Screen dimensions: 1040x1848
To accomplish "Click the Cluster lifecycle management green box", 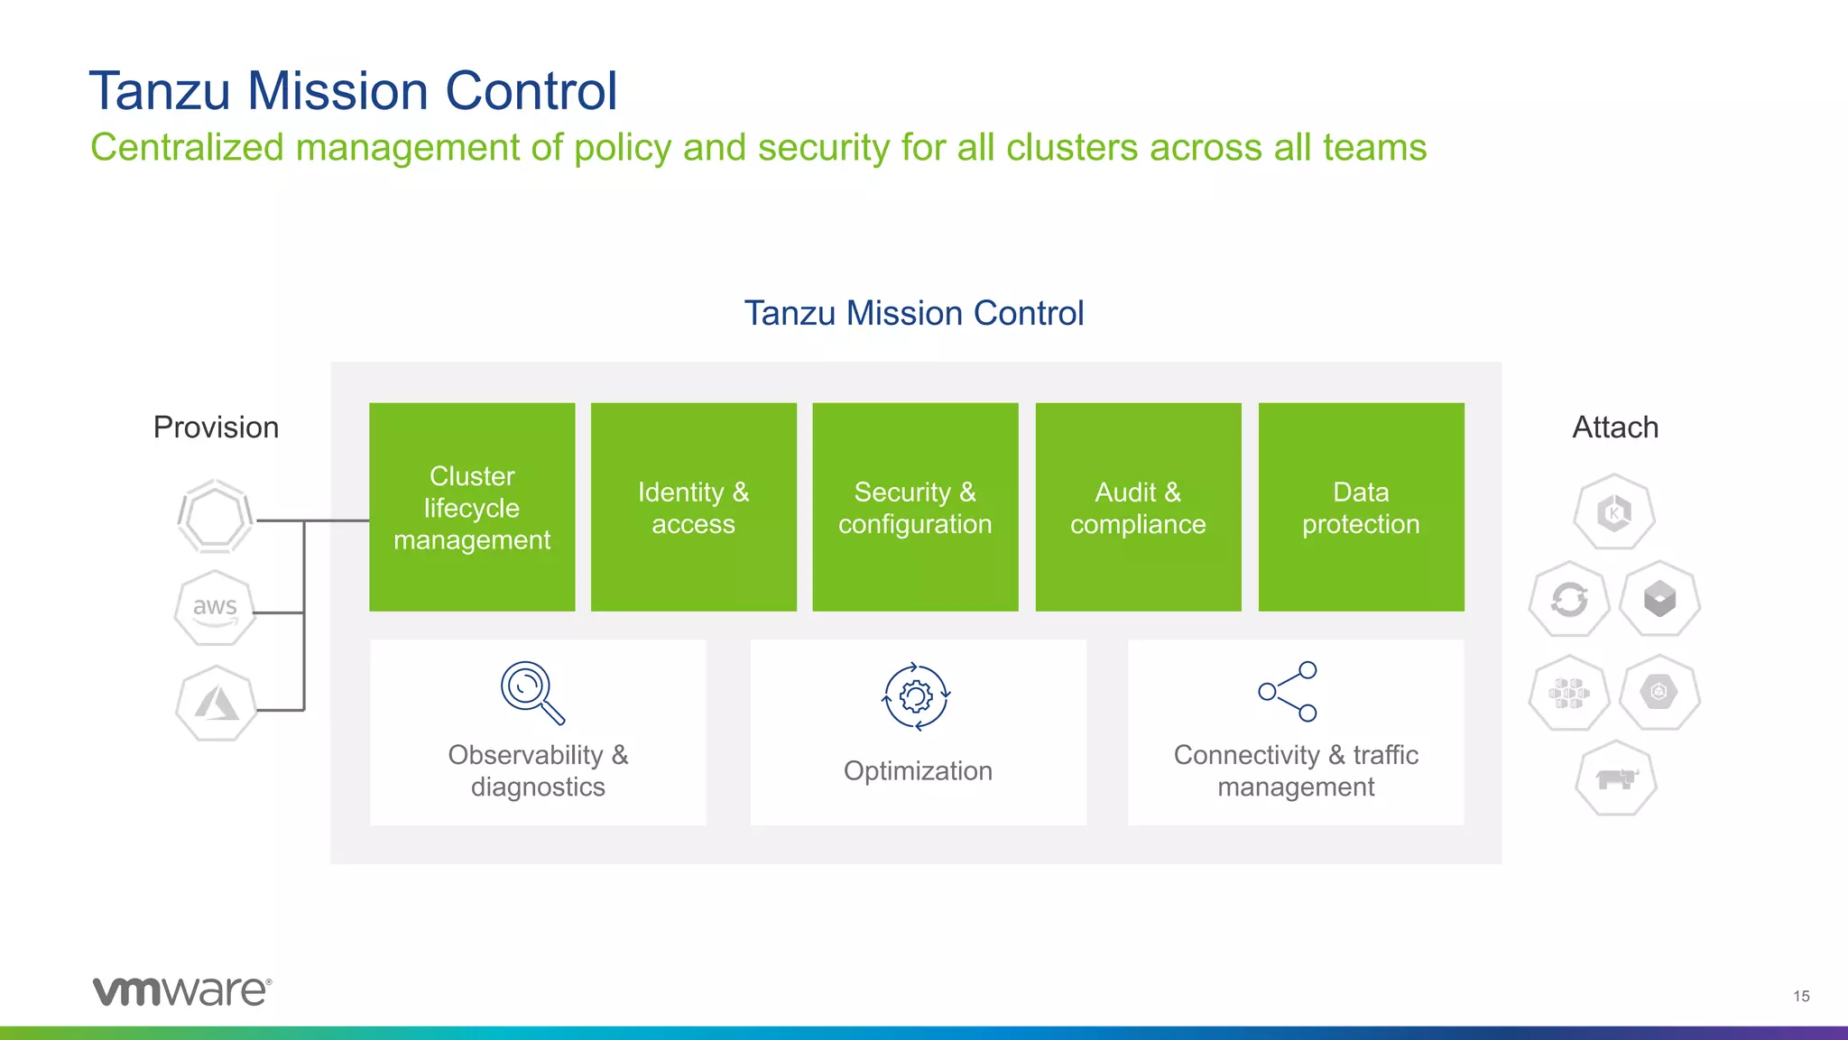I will coord(472,507).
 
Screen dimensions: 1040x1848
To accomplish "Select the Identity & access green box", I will coord(693,507).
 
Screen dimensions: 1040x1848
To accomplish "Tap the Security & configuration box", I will coord(915,507).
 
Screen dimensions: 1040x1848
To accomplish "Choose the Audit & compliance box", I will coord(1138,507).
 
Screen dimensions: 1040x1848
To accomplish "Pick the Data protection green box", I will coord(1361,507).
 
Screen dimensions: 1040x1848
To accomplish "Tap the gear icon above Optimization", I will coord(916,696).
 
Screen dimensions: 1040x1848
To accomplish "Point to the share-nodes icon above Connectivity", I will coord(1289,691).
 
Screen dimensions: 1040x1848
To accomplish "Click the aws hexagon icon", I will coord(215,608).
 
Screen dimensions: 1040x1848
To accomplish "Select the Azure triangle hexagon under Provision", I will coord(216,704).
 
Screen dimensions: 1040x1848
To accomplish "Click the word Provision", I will coord(216,428).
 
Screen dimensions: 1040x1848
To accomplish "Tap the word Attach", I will coord(1615,428).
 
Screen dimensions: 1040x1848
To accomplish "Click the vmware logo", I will coord(181,990).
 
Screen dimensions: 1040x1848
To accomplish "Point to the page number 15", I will coord(1801,996).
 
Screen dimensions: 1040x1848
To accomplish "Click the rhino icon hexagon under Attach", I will coord(1616,778).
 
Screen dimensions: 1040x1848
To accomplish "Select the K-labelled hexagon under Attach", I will coord(1614,512).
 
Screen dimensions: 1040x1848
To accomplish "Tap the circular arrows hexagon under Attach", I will coord(1569,600).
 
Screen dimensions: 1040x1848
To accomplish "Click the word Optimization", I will coord(918,771).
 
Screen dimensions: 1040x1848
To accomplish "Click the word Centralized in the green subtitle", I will coord(187,148).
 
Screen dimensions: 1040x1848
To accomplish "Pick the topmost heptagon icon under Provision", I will coord(216,517).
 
